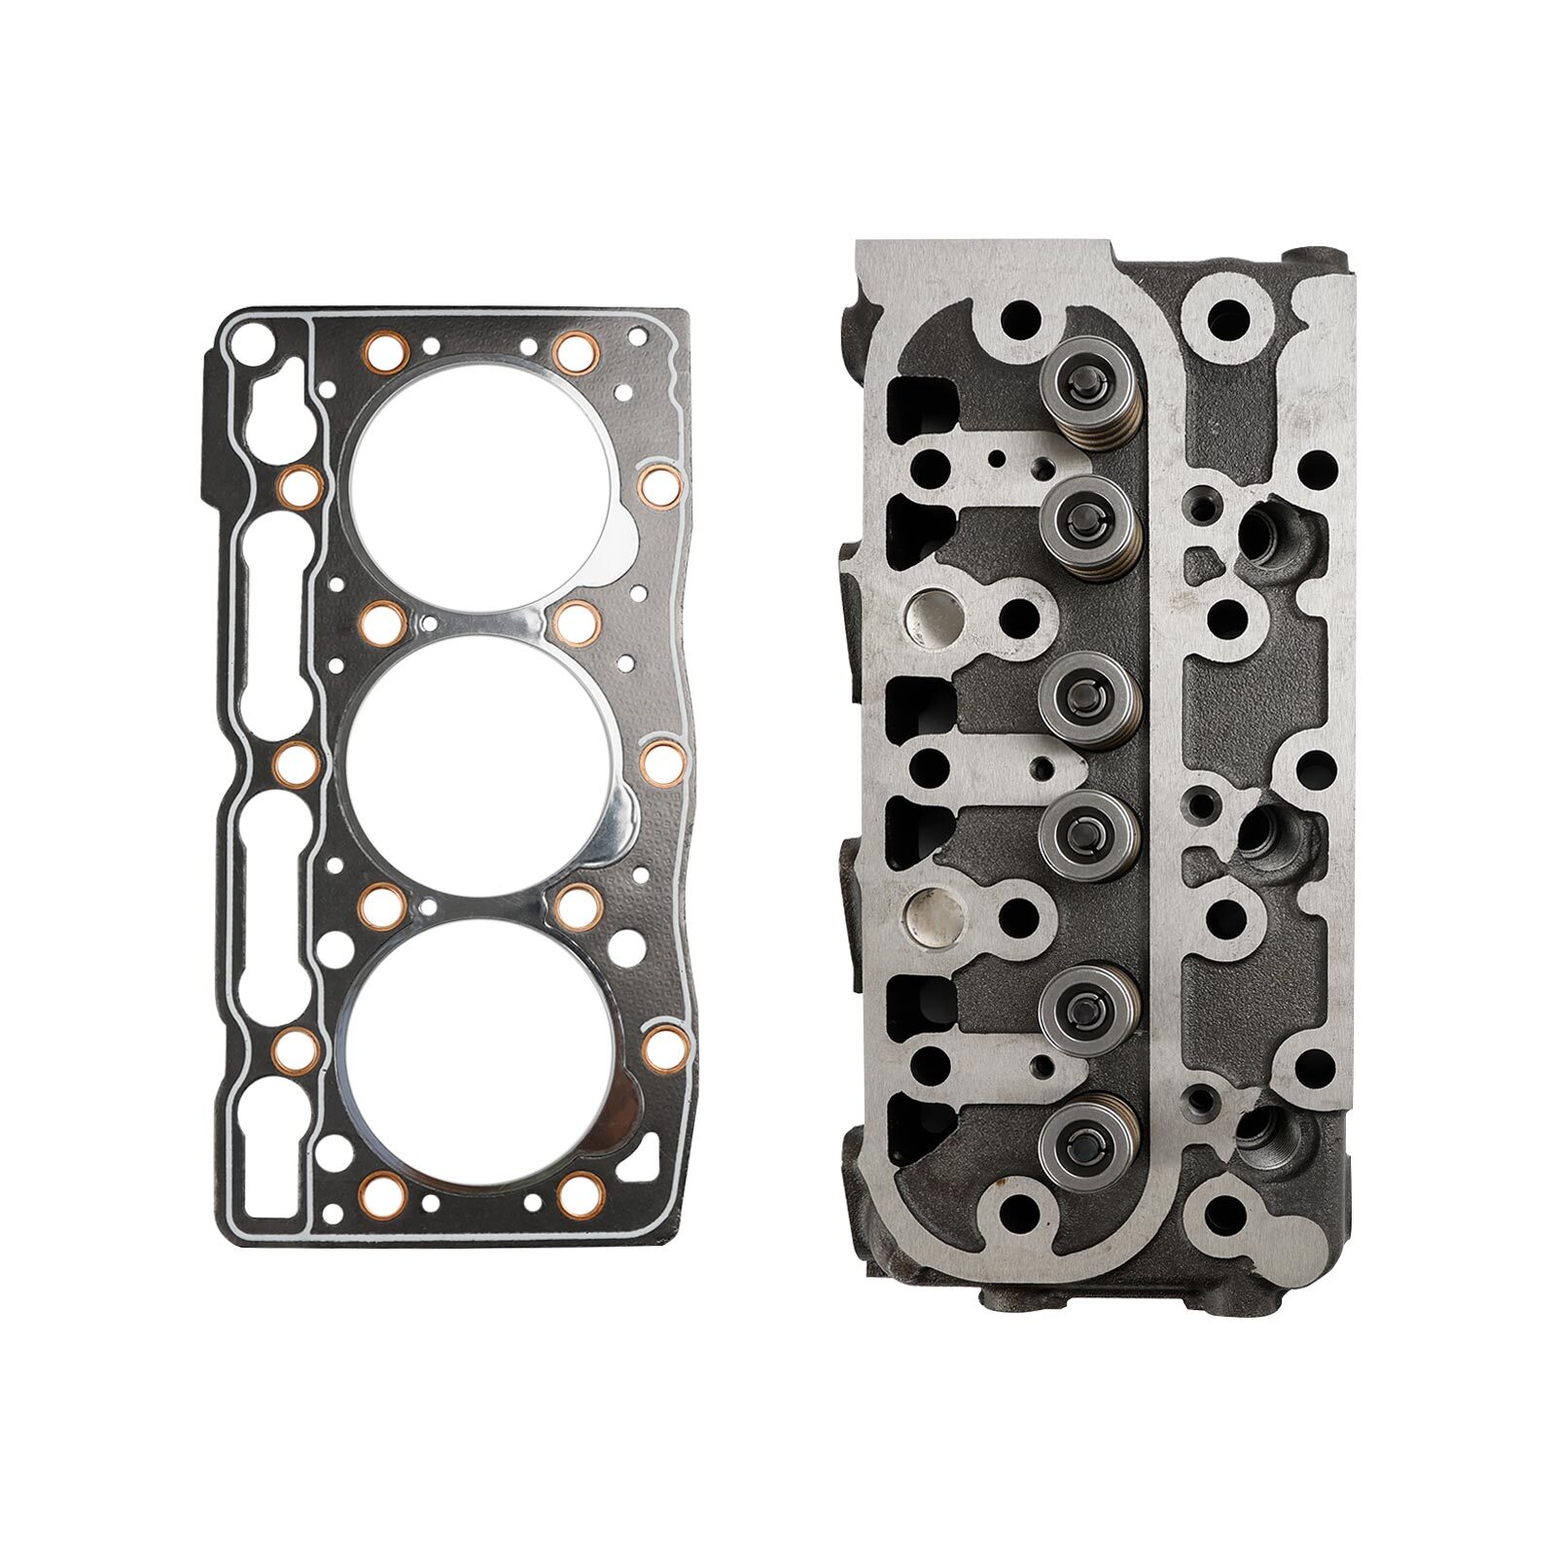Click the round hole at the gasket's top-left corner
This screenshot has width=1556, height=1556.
click(251, 340)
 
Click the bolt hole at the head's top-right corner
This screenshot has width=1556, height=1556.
click(1229, 315)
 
